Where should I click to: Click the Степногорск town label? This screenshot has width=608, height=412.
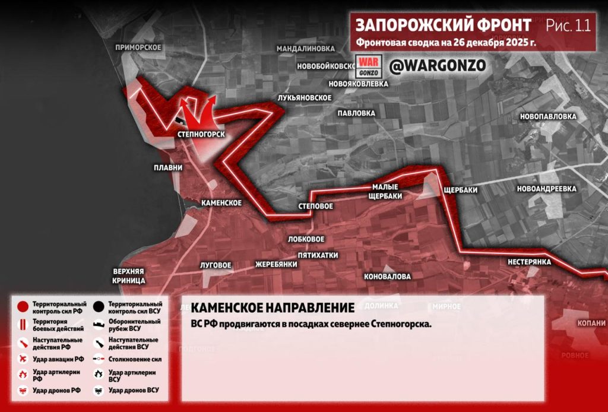point(201,135)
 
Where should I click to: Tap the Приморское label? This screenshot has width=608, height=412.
point(138,47)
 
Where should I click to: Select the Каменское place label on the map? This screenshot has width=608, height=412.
point(221,203)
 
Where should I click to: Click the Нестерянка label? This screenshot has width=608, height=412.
point(530,262)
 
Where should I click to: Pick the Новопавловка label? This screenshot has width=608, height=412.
point(548,116)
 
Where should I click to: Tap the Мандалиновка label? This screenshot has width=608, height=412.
point(306,48)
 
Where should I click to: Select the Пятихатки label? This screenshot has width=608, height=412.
point(318,255)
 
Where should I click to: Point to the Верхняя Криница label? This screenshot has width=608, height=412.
point(128,275)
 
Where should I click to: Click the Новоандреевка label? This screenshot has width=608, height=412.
point(547,189)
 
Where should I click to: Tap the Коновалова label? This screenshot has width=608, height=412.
point(387,277)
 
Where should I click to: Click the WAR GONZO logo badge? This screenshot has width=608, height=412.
point(367,65)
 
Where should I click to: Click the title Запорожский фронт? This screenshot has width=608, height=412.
point(444,26)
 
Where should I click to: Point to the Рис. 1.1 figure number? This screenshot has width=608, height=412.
point(568,26)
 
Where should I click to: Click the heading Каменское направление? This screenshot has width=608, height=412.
point(273,308)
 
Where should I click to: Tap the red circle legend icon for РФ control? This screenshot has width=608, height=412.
point(23,307)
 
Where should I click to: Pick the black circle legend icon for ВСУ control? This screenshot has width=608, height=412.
point(99,307)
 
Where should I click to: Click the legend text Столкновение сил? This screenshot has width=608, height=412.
point(135,359)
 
